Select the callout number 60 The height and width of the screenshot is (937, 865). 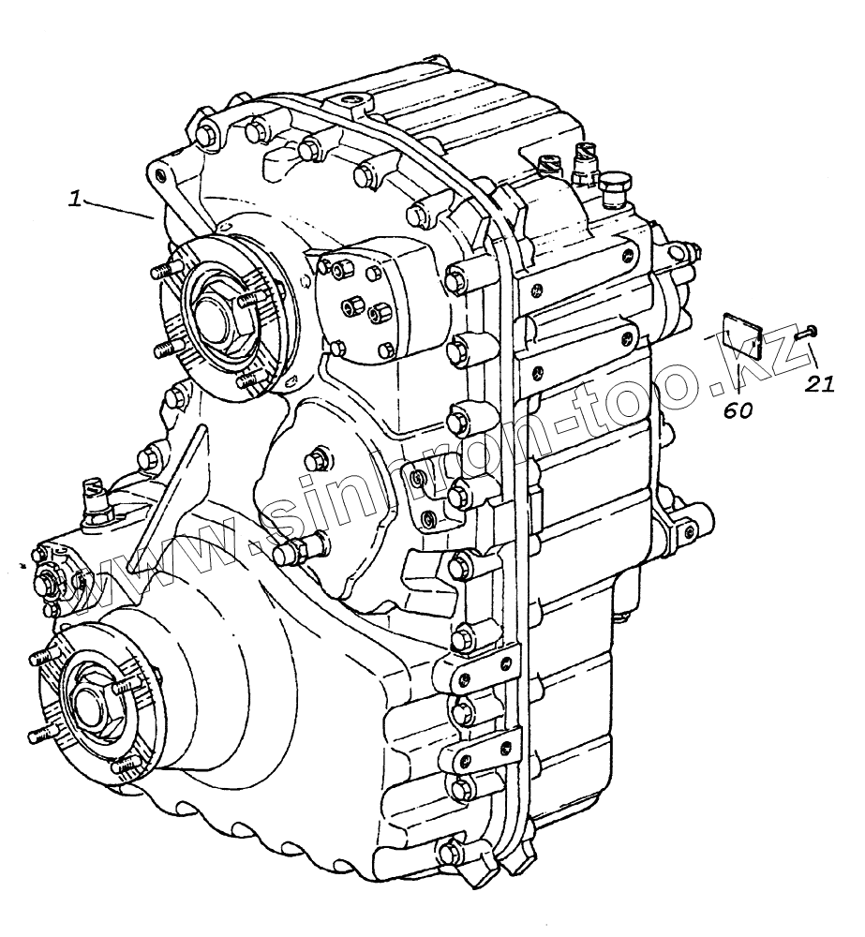tap(738, 410)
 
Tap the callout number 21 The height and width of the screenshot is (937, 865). tap(822, 383)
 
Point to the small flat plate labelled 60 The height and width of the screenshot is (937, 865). tap(739, 335)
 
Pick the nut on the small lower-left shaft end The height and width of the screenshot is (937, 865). tap(49, 582)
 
